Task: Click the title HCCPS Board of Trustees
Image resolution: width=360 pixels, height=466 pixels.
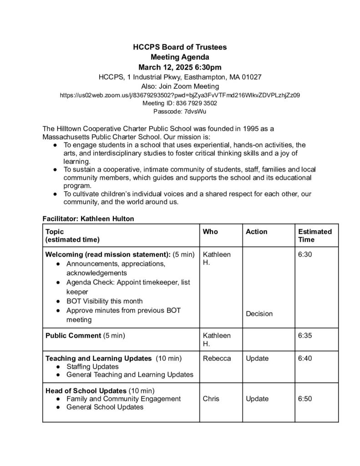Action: pos(180,47)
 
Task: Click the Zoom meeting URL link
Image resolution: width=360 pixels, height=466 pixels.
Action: pos(180,96)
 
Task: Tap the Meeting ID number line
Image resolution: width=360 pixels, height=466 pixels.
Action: pos(180,103)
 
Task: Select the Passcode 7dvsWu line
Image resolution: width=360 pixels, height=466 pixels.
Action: pos(180,111)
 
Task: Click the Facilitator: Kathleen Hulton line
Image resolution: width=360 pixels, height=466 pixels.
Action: pos(88,219)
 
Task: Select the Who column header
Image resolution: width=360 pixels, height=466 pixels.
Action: pos(210,232)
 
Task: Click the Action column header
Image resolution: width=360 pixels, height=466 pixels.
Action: pos(257,232)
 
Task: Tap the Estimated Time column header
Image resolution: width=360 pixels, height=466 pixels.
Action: pos(314,235)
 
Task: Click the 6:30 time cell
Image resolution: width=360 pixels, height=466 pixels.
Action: pos(305,255)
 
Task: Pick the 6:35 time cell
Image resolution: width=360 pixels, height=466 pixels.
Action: pos(305,336)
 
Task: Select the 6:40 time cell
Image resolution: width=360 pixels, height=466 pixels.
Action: pos(305,359)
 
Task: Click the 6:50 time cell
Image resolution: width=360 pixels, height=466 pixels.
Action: pos(305,399)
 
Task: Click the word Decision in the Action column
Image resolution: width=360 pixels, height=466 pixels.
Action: pos(259,314)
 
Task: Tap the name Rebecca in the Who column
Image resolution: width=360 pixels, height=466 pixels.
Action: pos(217,359)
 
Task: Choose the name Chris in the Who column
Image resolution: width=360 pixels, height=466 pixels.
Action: pos(211,399)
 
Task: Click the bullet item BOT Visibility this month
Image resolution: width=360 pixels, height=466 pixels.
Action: pos(104,301)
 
